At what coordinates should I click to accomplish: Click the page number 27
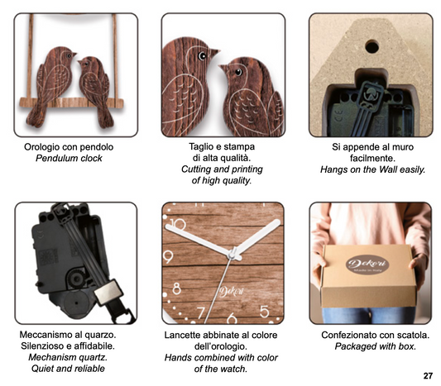tap(428, 376)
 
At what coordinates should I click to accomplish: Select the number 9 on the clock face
tap(168, 257)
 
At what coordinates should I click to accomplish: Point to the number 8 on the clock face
tap(176, 288)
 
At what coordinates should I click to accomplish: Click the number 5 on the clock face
tap(265, 312)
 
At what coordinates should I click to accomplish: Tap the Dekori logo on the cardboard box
tap(367, 264)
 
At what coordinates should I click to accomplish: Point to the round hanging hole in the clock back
tap(371, 46)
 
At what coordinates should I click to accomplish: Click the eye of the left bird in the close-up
tap(202, 56)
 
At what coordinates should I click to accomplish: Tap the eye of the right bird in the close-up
tap(238, 72)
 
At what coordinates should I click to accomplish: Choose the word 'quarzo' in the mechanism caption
tap(100, 335)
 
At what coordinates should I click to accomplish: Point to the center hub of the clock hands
tap(232, 255)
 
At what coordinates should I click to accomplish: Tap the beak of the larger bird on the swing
tap(74, 54)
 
